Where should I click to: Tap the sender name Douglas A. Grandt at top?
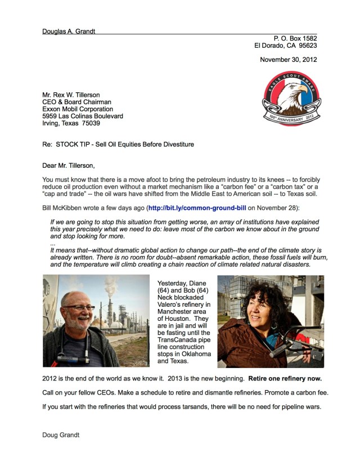(x=69, y=32)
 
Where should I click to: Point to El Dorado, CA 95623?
(x=286, y=46)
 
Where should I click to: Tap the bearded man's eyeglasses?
(x=79, y=308)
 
